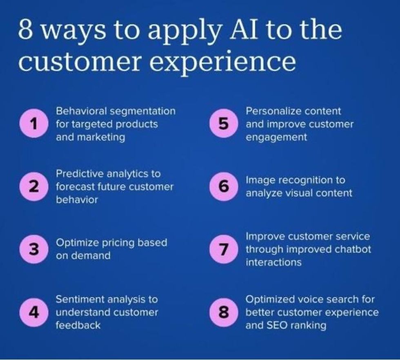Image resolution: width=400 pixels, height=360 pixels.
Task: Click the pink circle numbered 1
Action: point(33,124)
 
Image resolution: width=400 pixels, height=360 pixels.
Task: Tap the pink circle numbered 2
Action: point(33,187)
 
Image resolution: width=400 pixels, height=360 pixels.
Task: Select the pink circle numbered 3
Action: point(33,249)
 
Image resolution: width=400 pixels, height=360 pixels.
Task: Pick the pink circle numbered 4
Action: point(33,313)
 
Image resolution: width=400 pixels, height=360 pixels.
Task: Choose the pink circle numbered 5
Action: point(223,124)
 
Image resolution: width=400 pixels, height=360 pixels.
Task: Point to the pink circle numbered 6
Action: point(223,187)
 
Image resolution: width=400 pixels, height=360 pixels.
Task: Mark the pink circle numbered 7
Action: point(223,249)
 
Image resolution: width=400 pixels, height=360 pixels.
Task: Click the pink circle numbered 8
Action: point(223,313)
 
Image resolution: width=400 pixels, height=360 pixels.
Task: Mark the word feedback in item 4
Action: point(78,326)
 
